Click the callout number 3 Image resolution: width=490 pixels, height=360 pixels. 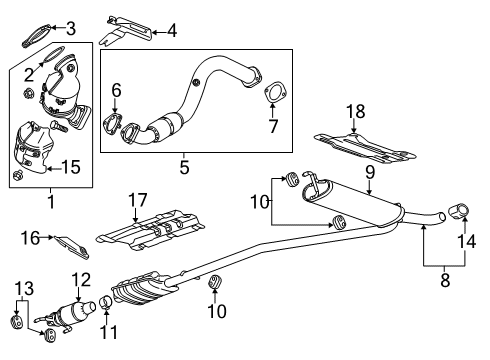point(71,27)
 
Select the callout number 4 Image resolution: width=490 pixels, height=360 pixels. point(171,31)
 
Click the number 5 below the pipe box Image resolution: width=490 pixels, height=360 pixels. point(184,167)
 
